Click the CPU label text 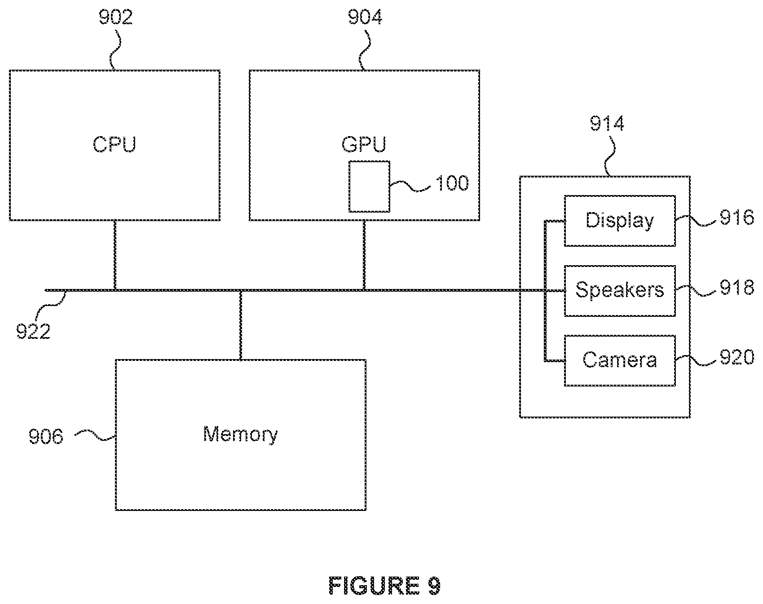click(114, 145)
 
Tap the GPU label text click(364, 145)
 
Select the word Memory click(240, 435)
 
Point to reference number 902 click(115, 18)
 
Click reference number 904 click(365, 18)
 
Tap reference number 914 click(607, 124)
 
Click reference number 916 click(737, 218)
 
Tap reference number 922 click(34, 332)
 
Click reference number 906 click(46, 436)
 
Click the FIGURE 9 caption click(385, 586)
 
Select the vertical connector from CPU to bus click(115, 255)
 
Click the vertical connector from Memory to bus click(241, 325)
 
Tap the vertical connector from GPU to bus click(364, 255)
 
